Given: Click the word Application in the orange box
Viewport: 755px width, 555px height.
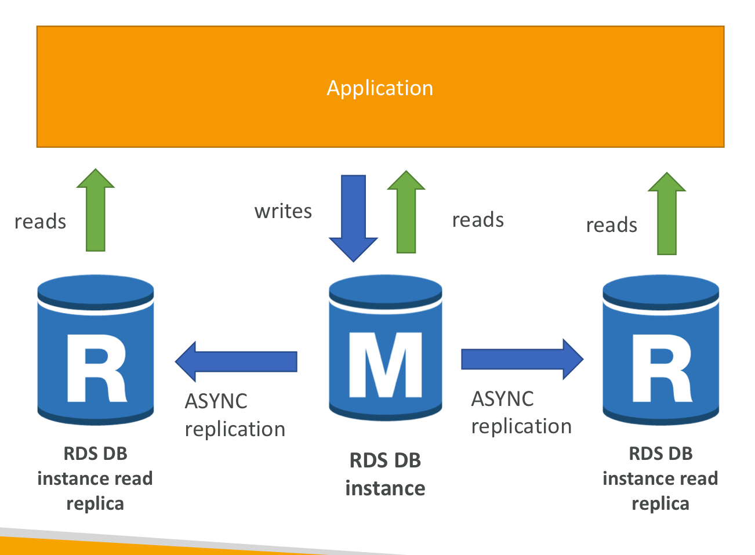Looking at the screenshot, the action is (x=380, y=88).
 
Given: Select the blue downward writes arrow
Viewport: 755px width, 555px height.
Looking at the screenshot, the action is (x=353, y=218).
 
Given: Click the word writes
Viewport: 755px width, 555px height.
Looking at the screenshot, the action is (x=283, y=212).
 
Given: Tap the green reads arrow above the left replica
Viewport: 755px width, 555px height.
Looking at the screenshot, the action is (x=95, y=210).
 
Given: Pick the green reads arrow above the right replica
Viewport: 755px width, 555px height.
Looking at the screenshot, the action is (x=667, y=213).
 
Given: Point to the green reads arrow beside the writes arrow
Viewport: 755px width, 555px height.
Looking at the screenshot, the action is (x=406, y=212).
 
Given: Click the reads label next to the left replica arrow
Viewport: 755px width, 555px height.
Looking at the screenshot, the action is (x=41, y=222).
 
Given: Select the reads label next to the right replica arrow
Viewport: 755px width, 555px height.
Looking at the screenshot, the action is (x=612, y=225).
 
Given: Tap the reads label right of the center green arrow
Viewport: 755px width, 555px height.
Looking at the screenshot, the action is (x=478, y=220).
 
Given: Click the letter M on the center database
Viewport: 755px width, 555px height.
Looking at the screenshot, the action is (x=385, y=365).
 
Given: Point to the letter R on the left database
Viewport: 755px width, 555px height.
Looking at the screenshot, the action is (x=97, y=368).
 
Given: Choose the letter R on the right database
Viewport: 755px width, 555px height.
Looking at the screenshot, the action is (x=662, y=368).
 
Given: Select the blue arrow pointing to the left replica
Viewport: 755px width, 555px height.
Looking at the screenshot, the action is (x=236, y=361).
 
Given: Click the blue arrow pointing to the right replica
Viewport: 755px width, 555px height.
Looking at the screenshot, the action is (x=522, y=360).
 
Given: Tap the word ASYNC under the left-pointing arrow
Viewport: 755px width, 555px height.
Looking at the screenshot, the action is (x=216, y=401).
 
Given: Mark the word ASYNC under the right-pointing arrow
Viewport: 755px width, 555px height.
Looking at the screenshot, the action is (x=503, y=398).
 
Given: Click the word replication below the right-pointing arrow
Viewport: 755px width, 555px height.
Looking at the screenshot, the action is (x=521, y=426).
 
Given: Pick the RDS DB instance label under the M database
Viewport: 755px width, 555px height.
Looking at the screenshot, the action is (x=385, y=474).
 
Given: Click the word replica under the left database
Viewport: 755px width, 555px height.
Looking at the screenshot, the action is (x=95, y=505).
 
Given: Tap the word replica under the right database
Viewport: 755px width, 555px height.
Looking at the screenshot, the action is (x=660, y=505).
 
